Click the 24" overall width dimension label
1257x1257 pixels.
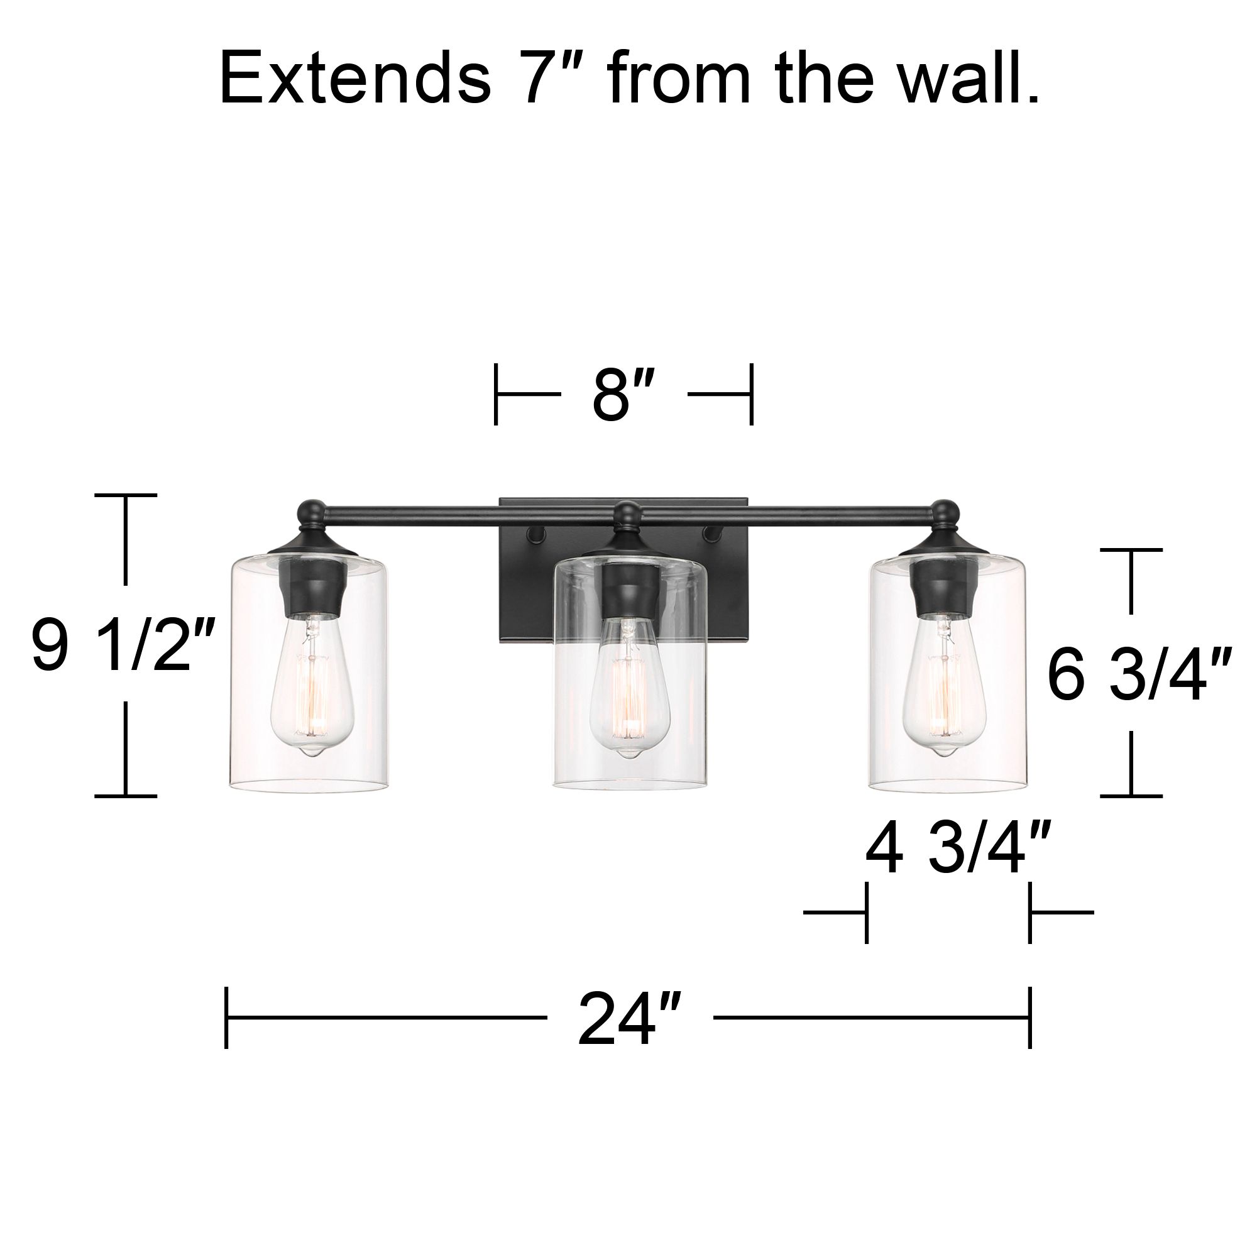pyautogui.click(x=629, y=1018)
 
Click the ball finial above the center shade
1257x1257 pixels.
pyautogui.click(x=628, y=515)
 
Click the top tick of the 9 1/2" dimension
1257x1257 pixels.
pyautogui.click(x=126, y=495)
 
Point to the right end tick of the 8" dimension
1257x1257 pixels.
pyautogui.click(x=752, y=394)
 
